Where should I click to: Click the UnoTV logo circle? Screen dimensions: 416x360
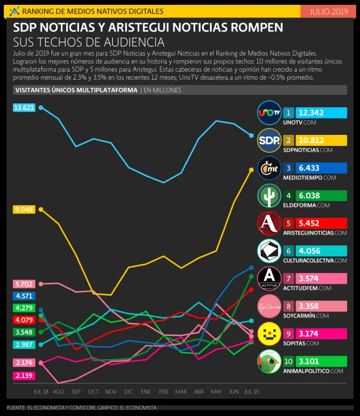click(269, 113)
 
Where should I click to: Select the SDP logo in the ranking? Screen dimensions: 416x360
click(269, 141)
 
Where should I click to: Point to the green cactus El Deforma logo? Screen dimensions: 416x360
click(269, 196)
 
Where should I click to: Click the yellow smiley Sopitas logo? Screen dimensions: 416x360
click(269, 334)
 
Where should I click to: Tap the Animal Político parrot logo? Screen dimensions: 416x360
click(269, 361)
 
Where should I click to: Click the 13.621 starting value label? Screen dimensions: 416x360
click(24, 108)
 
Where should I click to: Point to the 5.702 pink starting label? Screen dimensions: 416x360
click(24, 284)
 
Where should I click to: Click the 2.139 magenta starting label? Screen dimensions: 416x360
click(24, 375)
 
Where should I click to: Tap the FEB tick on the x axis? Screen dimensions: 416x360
click(164, 391)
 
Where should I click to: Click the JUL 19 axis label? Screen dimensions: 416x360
click(251, 391)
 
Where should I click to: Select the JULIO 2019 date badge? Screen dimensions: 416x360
click(328, 11)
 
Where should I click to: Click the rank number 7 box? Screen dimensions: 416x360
click(288, 278)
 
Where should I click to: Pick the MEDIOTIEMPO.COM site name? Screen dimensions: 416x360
click(310, 177)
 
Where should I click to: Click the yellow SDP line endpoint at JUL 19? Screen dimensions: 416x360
click(251, 170)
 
